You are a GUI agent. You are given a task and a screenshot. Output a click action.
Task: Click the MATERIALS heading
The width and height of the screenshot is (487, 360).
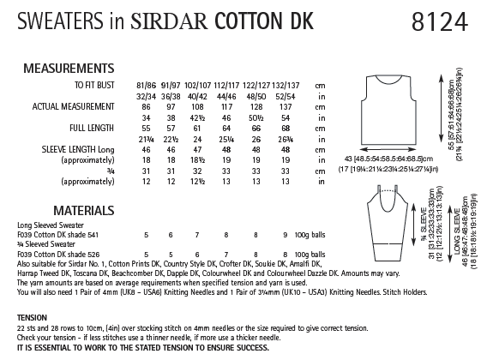coord(47,210)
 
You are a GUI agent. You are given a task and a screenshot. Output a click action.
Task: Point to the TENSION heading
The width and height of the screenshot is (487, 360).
coord(30,315)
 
